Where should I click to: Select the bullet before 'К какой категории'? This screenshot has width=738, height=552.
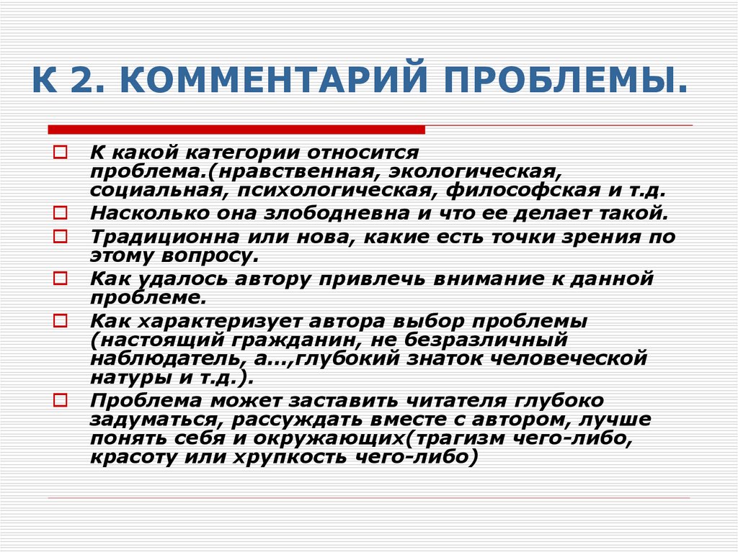(60, 153)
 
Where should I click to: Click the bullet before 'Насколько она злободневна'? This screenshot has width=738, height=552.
(60, 214)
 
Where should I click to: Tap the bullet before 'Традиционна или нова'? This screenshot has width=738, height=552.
(60, 236)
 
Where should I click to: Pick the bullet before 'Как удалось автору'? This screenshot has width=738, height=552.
(60, 278)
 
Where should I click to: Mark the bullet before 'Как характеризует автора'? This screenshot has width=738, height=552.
(60, 319)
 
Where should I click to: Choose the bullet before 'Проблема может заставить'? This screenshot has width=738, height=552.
(60, 399)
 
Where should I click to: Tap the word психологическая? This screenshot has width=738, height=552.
(344, 192)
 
